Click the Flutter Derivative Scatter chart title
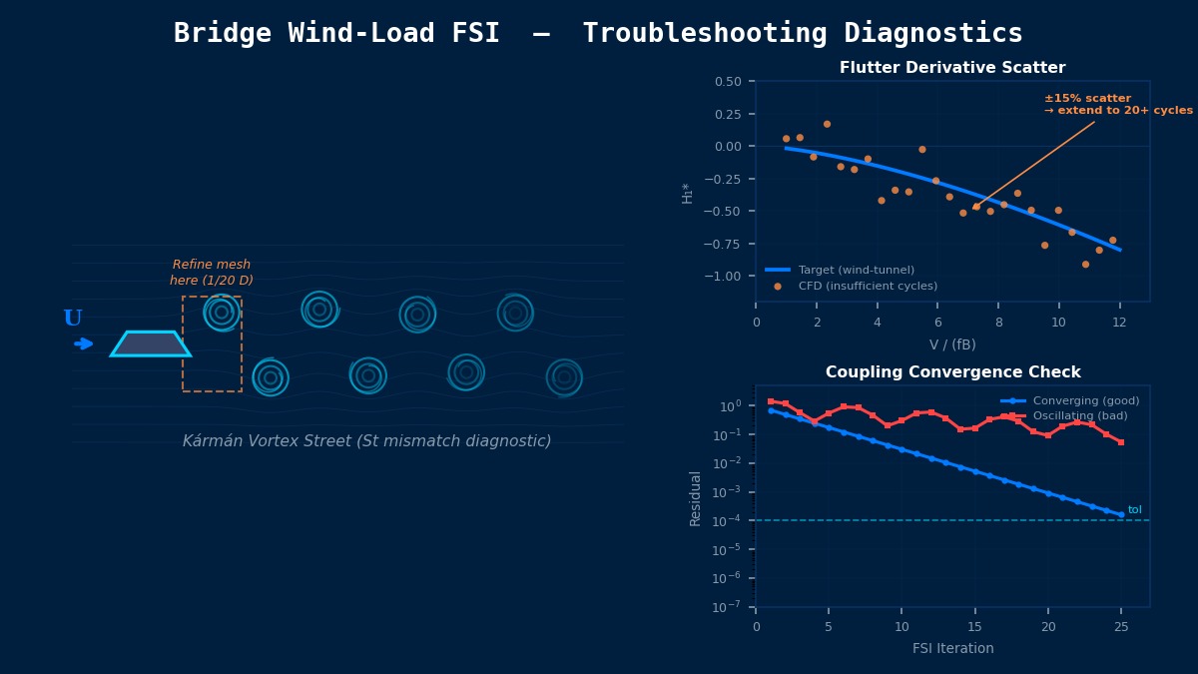(x=952, y=68)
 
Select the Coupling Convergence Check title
(x=952, y=372)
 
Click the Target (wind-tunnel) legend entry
(x=854, y=270)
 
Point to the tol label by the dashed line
(x=1135, y=510)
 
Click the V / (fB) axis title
(x=952, y=344)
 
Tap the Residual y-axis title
(x=696, y=497)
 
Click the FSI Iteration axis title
(x=952, y=648)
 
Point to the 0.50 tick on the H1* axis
(x=728, y=82)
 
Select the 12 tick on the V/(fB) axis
(x=1119, y=322)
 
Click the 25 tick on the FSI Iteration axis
(x=1121, y=627)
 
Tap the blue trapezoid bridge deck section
(x=151, y=344)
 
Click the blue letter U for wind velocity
(x=73, y=319)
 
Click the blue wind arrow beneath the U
(x=84, y=343)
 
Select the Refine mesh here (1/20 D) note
(x=212, y=273)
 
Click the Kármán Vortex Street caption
(x=366, y=441)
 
